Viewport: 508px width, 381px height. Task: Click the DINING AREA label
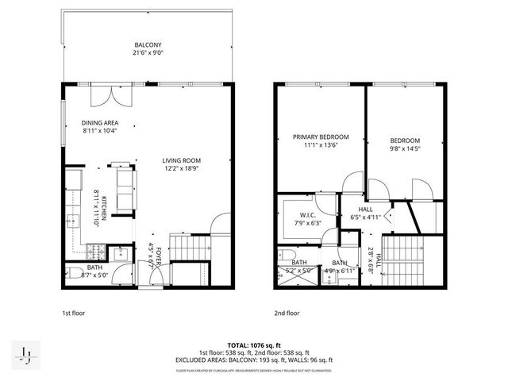pyautogui.click(x=99, y=122)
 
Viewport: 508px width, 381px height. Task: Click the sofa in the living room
pyautogui.click(x=125, y=189)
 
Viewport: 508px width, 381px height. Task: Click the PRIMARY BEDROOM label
pyautogui.click(x=315, y=137)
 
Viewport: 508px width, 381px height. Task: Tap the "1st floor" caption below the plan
pyautogui.click(x=73, y=313)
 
